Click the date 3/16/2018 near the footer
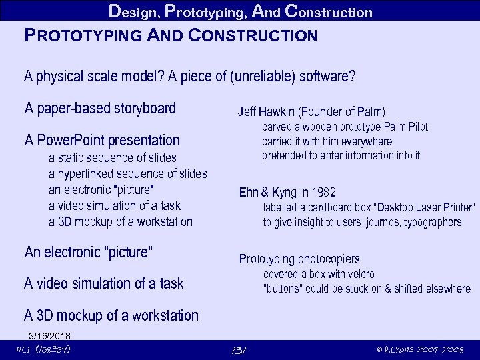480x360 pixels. pos(49,335)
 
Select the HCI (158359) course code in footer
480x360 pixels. pos(43,349)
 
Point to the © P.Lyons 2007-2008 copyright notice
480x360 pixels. pos(420,349)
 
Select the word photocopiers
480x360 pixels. pos(329,259)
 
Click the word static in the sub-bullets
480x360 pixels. pos(73,158)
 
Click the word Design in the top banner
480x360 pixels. pos(134,11)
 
